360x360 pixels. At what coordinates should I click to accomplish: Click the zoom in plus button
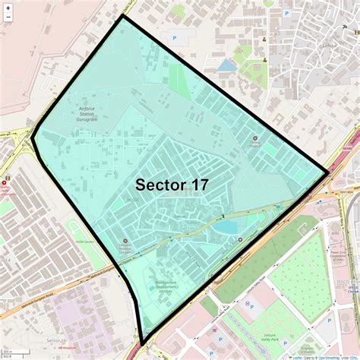tap(8, 7)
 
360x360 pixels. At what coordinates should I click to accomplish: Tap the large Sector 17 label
tap(172, 185)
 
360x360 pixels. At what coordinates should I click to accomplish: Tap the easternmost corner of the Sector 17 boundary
tap(327, 174)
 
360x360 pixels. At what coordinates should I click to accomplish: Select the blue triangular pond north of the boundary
tap(226, 66)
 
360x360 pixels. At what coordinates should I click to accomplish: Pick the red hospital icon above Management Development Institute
tap(125, 242)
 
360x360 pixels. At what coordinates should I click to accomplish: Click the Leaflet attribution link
tap(295, 356)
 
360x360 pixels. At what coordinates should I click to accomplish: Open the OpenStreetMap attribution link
tap(328, 356)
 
